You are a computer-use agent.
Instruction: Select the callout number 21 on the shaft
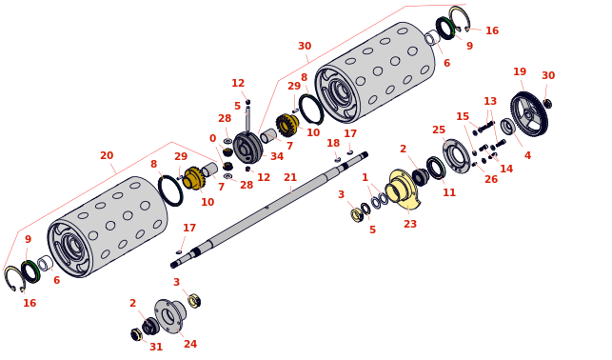click(x=290, y=178)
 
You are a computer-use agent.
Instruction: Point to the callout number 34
click(x=277, y=156)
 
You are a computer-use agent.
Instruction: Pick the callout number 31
click(x=156, y=347)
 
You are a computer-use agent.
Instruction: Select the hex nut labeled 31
click(x=137, y=334)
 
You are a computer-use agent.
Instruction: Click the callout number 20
click(x=107, y=155)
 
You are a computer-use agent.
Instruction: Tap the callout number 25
click(x=439, y=130)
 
